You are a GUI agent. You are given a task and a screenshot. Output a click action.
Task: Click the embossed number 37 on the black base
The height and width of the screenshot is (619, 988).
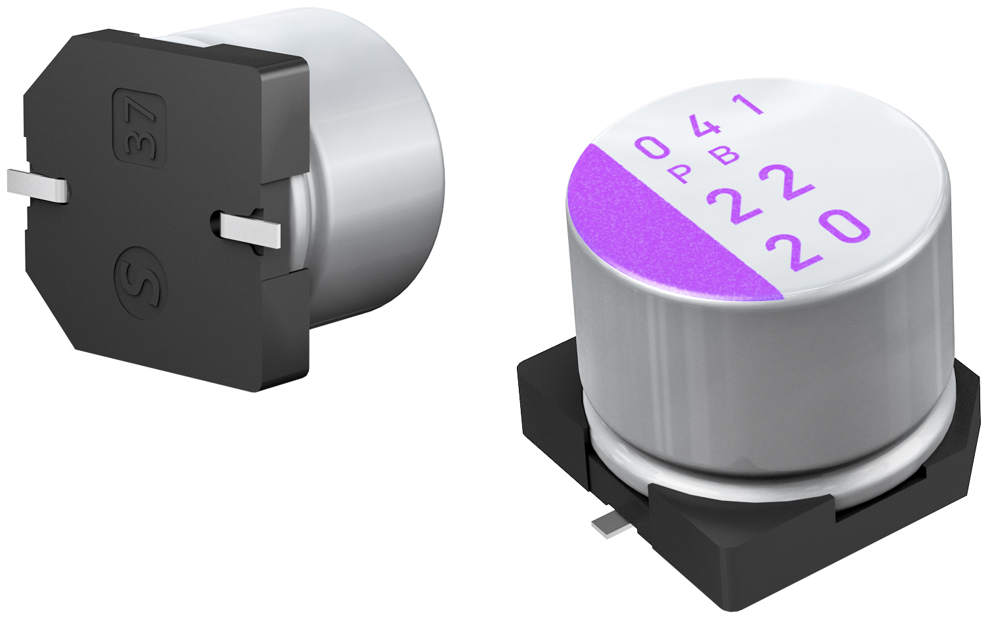[140, 127]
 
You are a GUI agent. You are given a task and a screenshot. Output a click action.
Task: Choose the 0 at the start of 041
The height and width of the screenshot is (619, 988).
[653, 148]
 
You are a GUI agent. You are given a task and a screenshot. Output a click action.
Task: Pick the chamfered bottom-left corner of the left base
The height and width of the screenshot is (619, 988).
[52, 315]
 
